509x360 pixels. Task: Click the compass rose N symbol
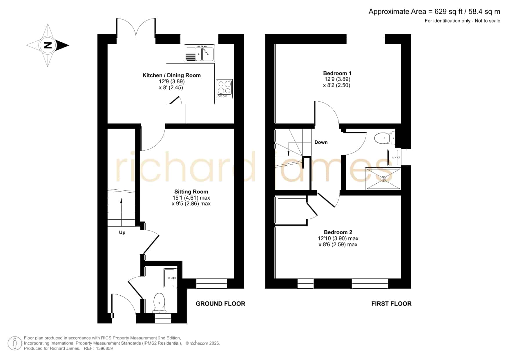48,45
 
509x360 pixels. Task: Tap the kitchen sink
199,53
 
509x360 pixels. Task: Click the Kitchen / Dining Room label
172,75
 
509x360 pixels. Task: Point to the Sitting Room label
191,191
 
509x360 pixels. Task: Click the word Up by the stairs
122,233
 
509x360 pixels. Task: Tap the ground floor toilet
159,303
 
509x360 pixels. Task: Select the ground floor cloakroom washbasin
170,278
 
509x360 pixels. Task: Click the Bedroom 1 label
337,73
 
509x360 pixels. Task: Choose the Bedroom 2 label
338,232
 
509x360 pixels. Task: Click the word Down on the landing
321,142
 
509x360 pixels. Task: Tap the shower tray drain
383,179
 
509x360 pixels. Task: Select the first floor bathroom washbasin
394,157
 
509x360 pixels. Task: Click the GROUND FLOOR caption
220,304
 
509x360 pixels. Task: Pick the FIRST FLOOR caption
391,304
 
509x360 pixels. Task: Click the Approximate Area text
434,12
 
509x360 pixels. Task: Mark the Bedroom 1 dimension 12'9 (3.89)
337,79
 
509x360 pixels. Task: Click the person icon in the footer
15,343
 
